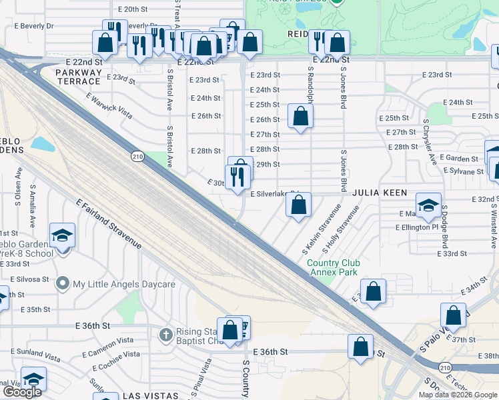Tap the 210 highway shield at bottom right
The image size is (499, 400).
click(x=445, y=367)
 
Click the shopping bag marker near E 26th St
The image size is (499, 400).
click(x=301, y=117)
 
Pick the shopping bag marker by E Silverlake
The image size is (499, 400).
click(x=299, y=205)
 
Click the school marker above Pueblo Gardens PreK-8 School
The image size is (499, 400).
click(x=62, y=236)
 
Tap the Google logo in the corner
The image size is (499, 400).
click(x=22, y=392)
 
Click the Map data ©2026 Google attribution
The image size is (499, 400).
click(x=458, y=395)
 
